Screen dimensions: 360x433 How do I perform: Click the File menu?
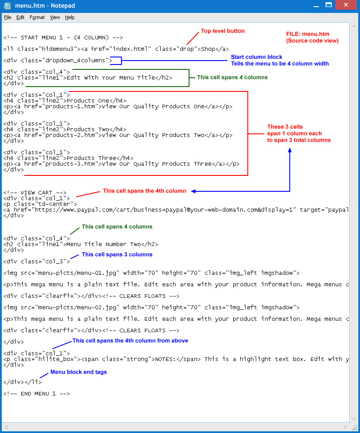tap(8, 17)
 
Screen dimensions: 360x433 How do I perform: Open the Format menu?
tap(37, 17)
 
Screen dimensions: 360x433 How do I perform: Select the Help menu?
tap(70, 17)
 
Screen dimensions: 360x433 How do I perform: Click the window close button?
tap(346, 5)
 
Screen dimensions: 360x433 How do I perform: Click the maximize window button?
tap(329, 5)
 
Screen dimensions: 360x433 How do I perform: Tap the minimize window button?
tap(316, 5)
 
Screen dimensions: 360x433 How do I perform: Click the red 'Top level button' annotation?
tap(223, 31)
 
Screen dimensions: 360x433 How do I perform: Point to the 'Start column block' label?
tap(257, 57)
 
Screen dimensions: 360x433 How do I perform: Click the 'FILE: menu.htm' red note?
tap(307, 34)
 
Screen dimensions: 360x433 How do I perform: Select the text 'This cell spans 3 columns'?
tap(117, 254)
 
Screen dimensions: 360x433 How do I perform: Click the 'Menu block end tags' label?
tap(79, 372)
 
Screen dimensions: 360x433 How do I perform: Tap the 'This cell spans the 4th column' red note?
tap(144, 191)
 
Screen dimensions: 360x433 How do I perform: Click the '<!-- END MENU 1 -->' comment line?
tap(37, 394)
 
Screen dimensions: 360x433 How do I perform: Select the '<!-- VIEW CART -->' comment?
tap(35, 193)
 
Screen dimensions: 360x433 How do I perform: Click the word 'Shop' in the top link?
tap(208, 49)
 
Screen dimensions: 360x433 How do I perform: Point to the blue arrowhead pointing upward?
tap(290, 150)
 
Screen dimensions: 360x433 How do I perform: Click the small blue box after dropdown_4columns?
tap(116, 61)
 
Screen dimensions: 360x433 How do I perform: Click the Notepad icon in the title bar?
tap(8, 5)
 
